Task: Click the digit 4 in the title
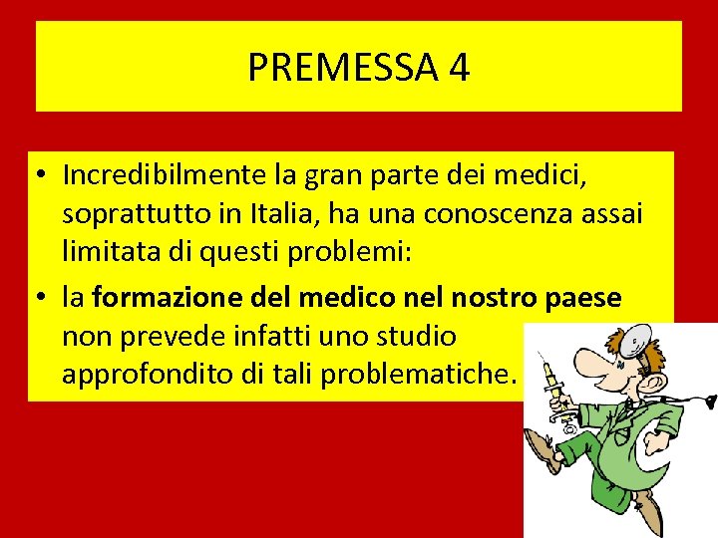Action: pyautogui.click(x=458, y=68)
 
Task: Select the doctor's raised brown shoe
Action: pyautogui.click(x=543, y=449)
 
